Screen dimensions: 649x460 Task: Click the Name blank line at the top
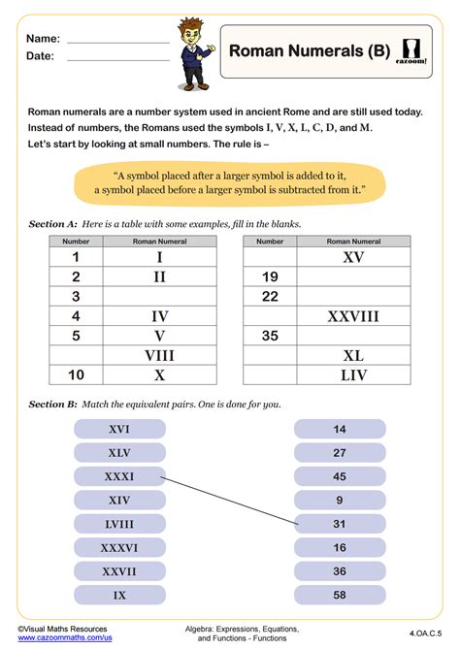tap(117, 42)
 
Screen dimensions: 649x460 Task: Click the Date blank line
tap(117, 59)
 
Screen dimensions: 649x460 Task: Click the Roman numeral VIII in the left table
tap(159, 355)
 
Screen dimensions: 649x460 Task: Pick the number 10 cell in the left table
tap(76, 375)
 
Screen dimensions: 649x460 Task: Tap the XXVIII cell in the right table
tap(352, 316)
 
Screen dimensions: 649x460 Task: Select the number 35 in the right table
tap(270, 336)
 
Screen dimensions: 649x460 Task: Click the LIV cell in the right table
tap(352, 375)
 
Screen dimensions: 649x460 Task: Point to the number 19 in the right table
tap(270, 277)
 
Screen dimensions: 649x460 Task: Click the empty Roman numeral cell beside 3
tap(159, 297)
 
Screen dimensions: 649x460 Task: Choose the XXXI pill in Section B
tap(119, 476)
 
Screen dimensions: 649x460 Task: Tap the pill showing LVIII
tap(119, 524)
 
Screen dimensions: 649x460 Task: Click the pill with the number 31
tap(340, 524)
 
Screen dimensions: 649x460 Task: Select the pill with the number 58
tap(340, 595)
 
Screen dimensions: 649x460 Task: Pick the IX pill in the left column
tap(119, 595)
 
